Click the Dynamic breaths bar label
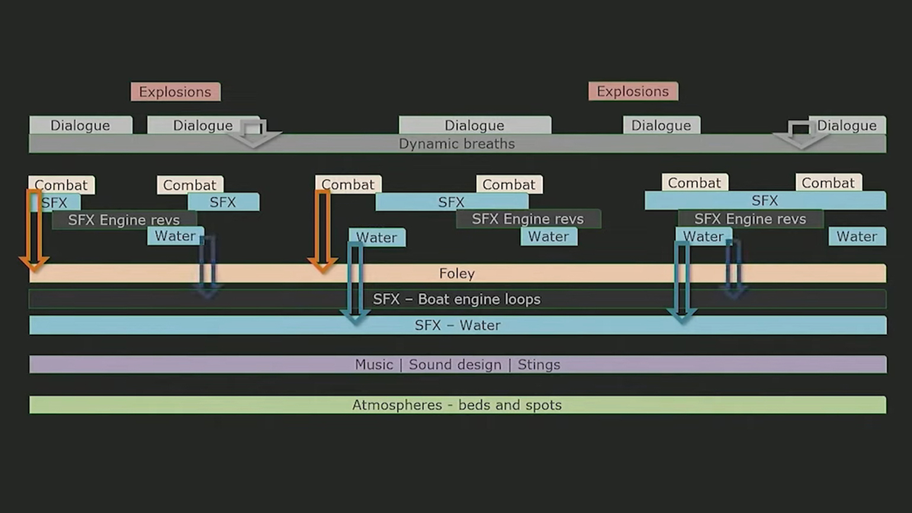[x=457, y=144]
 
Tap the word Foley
[x=457, y=274]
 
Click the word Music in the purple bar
[x=374, y=365]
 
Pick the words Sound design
[x=455, y=365]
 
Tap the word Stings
[x=539, y=365]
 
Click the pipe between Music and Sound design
[x=401, y=365]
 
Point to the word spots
[x=543, y=405]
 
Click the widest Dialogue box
[x=474, y=126]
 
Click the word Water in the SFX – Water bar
[x=480, y=325]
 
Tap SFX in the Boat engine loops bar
[x=386, y=299]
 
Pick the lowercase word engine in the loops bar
[x=474, y=299]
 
